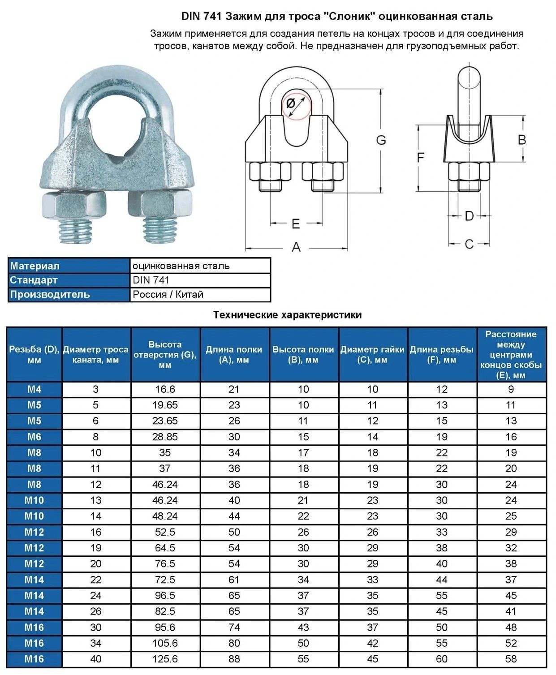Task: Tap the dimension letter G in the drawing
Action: (x=381, y=140)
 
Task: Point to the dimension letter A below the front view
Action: (x=296, y=247)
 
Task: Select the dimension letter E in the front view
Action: (x=296, y=224)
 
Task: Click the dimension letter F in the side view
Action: (x=420, y=158)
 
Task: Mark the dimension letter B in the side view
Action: (x=522, y=140)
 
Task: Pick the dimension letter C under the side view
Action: (x=469, y=244)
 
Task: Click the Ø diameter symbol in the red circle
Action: (x=291, y=103)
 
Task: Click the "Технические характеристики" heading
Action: (x=287, y=315)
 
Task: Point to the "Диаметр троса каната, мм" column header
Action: (x=96, y=355)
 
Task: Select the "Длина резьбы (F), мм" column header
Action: (x=442, y=355)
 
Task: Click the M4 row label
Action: (x=34, y=390)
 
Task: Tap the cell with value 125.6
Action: (x=165, y=659)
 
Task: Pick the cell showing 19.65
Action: (x=165, y=405)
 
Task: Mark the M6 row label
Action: (x=34, y=437)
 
